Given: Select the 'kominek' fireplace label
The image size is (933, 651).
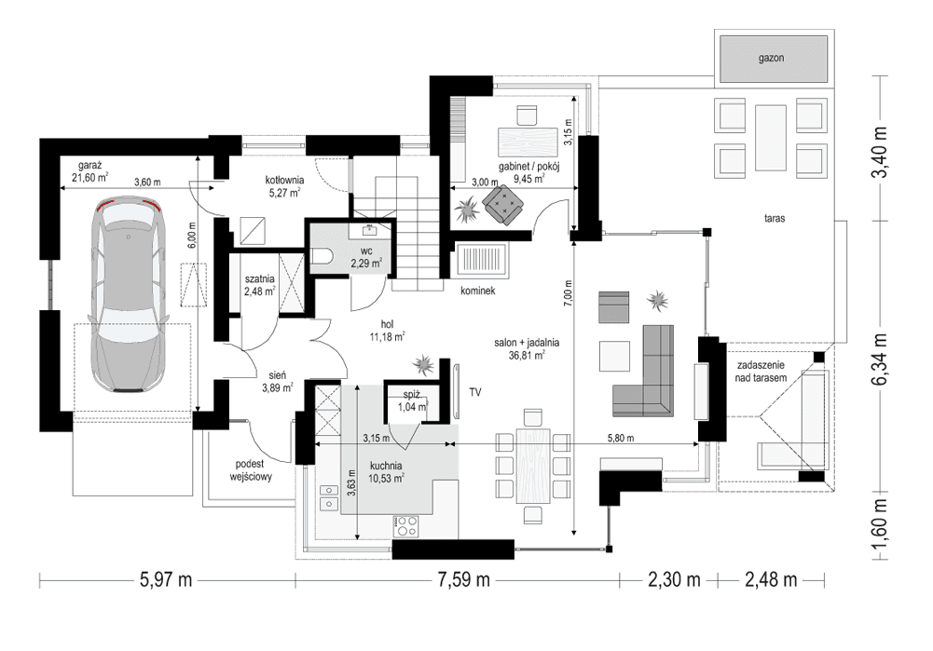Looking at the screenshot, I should point(475,292).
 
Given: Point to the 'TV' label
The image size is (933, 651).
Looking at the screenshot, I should point(476,392).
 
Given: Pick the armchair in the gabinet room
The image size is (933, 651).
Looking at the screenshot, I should point(504,204).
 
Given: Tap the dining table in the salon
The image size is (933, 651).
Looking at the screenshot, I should point(533,465).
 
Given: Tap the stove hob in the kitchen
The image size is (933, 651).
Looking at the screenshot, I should point(407,526).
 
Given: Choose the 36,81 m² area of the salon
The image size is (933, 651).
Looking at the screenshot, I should point(528,355).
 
